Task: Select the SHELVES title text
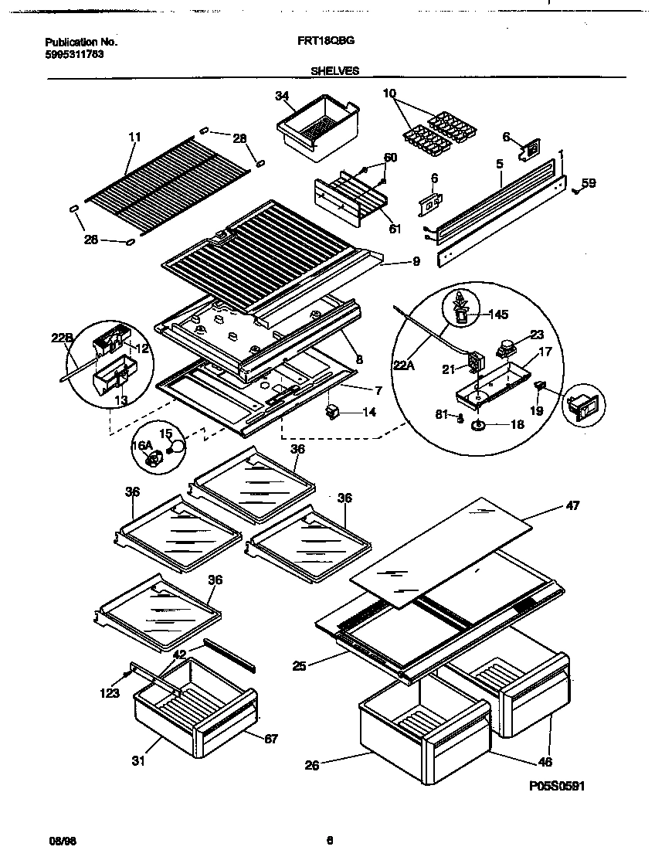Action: coord(334,70)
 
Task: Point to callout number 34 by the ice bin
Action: coord(281,96)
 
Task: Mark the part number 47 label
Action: coord(572,505)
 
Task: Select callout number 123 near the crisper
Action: coord(110,693)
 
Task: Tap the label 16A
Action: coord(140,446)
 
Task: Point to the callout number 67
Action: coord(270,738)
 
